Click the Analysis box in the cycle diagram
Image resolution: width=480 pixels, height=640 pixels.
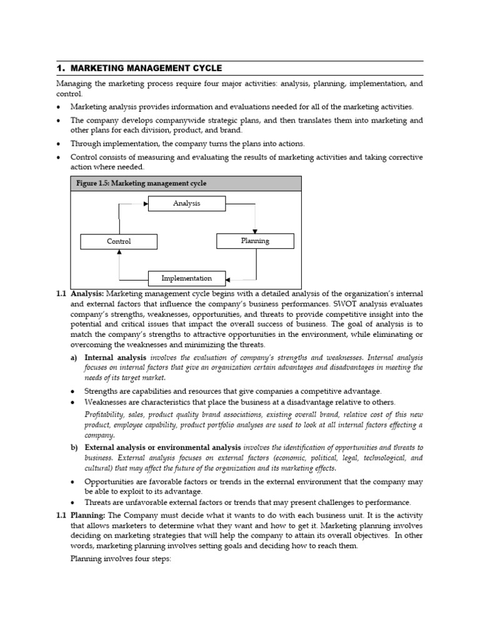pos(186,203)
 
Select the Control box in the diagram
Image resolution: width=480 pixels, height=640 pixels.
pos(119,241)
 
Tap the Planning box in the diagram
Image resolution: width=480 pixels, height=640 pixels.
pos(254,241)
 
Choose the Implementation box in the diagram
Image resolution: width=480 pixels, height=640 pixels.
pos(186,278)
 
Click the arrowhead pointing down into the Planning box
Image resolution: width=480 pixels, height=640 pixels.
pos(254,231)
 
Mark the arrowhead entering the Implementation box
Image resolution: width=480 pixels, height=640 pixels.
pos(228,278)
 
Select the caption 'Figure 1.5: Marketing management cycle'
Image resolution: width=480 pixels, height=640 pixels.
pos(141,183)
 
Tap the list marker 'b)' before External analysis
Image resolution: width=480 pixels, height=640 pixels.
pos(74,447)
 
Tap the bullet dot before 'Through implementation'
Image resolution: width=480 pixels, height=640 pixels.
pos(59,143)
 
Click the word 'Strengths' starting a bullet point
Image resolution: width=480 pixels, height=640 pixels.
pos(103,391)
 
